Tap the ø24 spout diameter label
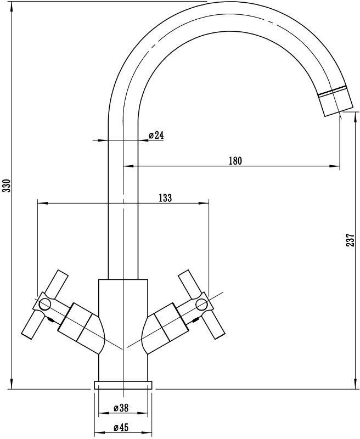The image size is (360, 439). pos(156,135)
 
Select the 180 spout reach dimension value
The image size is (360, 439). pos(235,161)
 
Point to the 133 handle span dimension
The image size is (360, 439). pos(165,198)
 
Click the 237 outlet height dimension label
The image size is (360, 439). pos(351,241)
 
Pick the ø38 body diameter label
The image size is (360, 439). pos(121,408)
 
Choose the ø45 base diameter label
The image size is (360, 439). pos(121,427)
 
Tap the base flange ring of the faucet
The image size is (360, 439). pos(123,385)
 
